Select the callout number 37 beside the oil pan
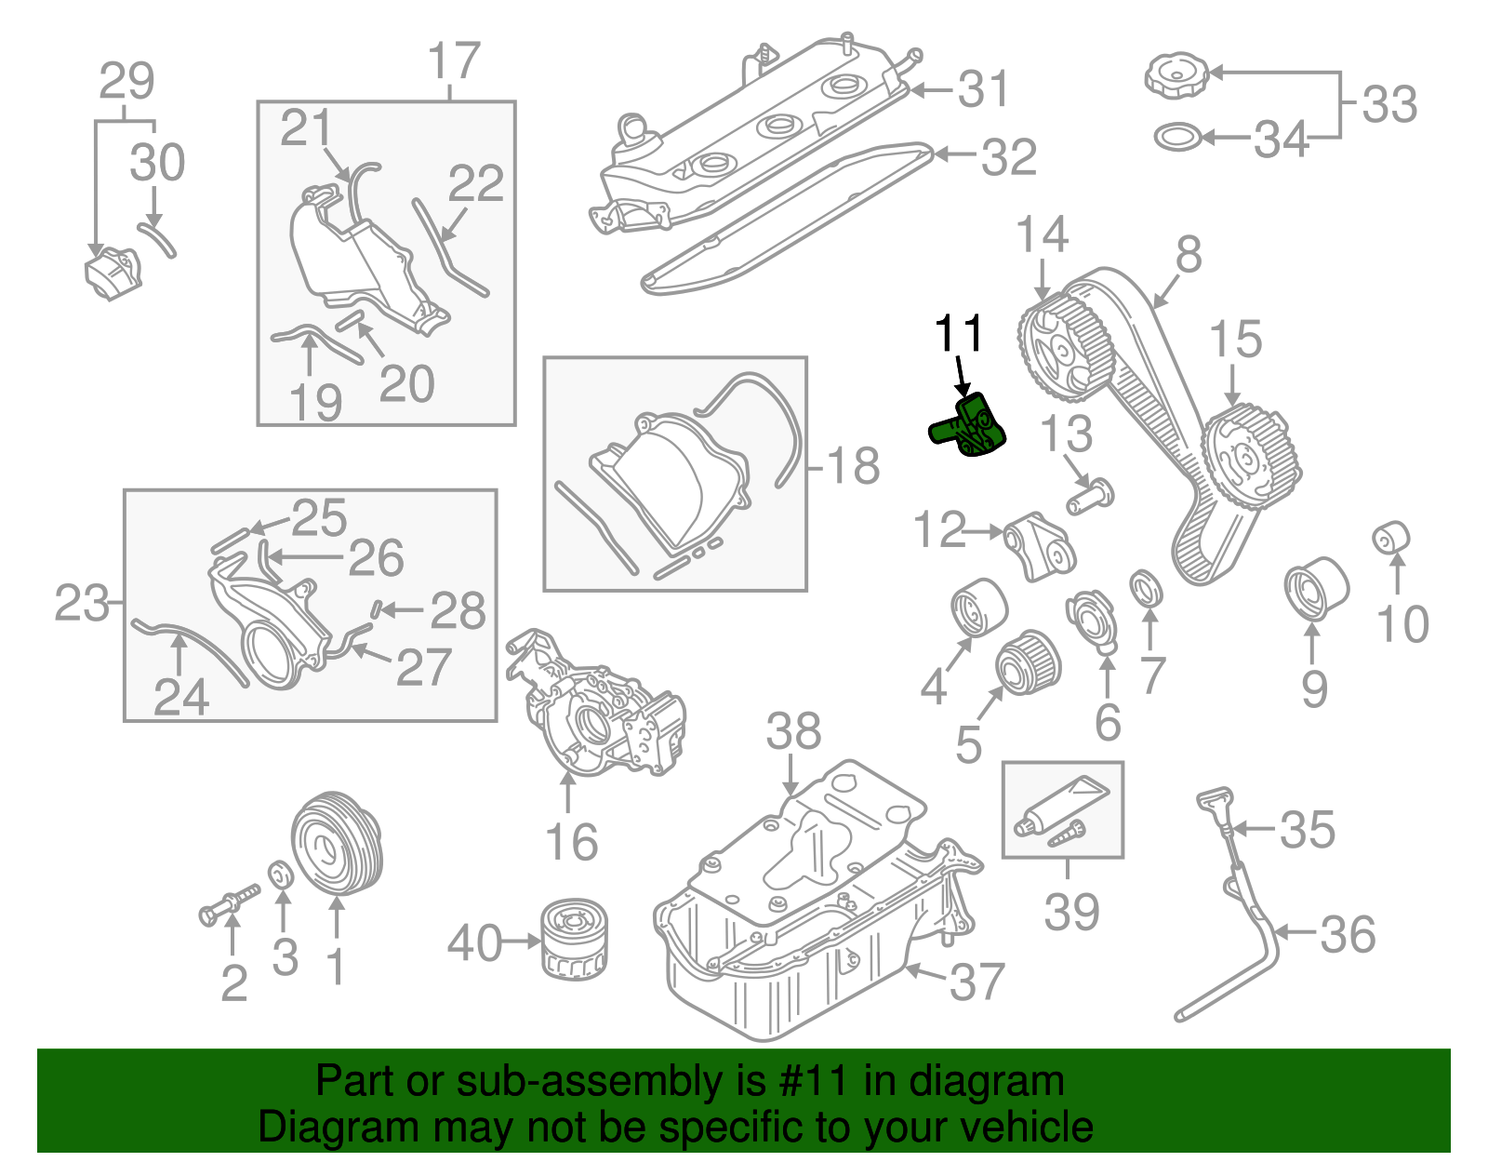point(976,982)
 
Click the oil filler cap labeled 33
point(1176,74)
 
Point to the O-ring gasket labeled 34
point(1176,138)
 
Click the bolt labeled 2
point(228,904)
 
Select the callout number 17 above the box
point(454,61)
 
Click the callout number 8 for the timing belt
point(1188,254)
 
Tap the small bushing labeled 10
point(1391,538)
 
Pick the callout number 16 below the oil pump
point(571,842)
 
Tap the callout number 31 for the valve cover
point(983,89)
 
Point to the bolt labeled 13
point(1090,496)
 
